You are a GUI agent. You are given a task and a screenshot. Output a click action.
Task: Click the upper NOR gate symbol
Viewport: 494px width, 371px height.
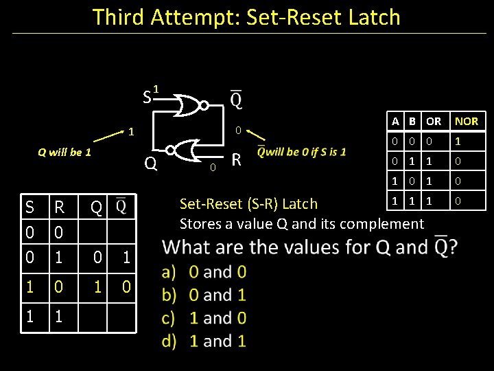click(191, 105)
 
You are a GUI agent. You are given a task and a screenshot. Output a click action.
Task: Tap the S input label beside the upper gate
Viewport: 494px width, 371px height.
click(147, 97)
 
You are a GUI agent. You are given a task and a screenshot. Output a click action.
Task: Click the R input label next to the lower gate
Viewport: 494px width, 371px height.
click(236, 160)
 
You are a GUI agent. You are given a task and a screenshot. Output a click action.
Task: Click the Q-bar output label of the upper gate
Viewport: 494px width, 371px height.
click(235, 100)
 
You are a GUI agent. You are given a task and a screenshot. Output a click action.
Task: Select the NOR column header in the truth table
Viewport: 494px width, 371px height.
click(467, 122)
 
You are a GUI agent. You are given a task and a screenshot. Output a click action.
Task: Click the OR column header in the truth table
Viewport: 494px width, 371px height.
click(434, 122)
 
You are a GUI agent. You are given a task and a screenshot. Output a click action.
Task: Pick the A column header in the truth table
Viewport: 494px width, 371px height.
click(395, 122)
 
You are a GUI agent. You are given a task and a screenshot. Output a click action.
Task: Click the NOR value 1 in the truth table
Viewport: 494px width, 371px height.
click(458, 142)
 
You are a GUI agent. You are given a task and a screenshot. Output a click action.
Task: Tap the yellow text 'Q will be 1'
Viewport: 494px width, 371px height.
click(64, 152)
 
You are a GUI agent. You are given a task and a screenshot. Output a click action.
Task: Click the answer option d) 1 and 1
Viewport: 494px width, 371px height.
click(205, 341)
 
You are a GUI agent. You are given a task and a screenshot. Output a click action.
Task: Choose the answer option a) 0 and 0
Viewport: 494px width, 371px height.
click(205, 272)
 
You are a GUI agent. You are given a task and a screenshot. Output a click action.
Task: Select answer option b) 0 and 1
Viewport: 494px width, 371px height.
click(205, 295)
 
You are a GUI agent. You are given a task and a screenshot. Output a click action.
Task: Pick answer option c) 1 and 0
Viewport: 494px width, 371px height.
click(205, 318)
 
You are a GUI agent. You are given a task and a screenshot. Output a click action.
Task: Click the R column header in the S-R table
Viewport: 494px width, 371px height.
click(59, 207)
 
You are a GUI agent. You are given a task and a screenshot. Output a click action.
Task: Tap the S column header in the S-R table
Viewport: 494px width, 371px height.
click(29, 207)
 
